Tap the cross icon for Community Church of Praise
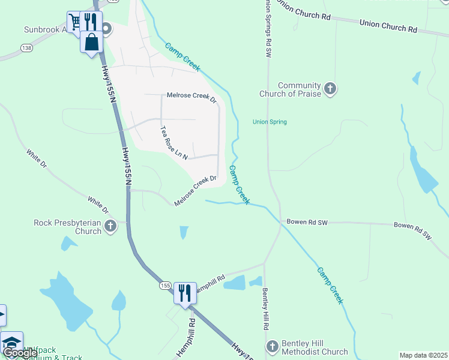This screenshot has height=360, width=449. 330,89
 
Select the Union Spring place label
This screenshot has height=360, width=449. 270,122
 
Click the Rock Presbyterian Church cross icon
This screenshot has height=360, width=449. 110,226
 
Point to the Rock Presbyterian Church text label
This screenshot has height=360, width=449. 67,227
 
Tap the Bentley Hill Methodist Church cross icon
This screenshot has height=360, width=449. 273,347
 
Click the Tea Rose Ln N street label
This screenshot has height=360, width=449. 173,143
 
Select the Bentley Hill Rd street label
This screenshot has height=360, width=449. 265,309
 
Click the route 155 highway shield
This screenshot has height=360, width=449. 165,287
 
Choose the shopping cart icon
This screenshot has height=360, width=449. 75,22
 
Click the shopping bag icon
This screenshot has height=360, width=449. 92,43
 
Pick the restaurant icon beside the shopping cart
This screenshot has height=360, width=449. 91,22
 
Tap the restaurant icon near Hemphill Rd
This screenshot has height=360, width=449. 185,293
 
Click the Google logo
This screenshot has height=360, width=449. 20,352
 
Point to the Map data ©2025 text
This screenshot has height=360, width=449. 423,355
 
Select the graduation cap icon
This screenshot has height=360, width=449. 11,342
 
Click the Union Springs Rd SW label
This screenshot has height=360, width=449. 268,30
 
